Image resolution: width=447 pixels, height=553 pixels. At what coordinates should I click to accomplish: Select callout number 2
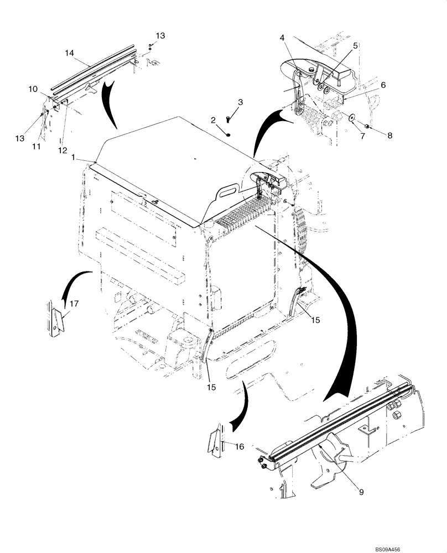(x=212, y=119)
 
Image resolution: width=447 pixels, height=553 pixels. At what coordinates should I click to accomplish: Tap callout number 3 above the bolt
(x=240, y=102)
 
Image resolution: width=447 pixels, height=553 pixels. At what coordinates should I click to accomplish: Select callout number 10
(x=33, y=88)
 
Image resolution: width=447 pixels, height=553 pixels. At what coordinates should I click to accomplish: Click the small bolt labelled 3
(x=228, y=118)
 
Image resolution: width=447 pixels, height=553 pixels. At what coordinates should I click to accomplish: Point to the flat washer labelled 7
(x=351, y=117)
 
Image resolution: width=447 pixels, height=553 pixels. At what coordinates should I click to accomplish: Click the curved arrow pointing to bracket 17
(x=73, y=282)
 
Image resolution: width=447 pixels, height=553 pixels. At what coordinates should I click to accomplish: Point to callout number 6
(x=382, y=85)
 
